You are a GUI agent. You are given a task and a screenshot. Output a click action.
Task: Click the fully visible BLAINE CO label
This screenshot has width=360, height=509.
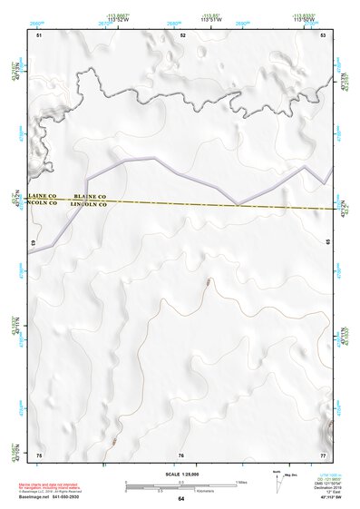pos(90,196)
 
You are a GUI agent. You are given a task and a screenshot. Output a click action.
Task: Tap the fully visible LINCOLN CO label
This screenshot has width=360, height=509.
pos(90,205)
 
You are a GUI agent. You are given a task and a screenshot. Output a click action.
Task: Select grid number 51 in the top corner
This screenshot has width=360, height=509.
pos(39,34)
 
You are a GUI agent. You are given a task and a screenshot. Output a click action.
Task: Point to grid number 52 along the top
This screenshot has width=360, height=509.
pos(182,34)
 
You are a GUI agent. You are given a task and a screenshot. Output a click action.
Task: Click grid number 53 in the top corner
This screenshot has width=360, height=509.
pos(323,34)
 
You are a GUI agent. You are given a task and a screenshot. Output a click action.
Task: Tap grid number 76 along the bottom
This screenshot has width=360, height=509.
pos(181,455)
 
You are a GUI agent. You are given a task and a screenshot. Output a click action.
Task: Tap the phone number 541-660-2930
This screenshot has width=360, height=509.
pos(66,499)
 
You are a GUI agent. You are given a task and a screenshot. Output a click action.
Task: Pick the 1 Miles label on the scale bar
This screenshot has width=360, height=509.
pos(242,482)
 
